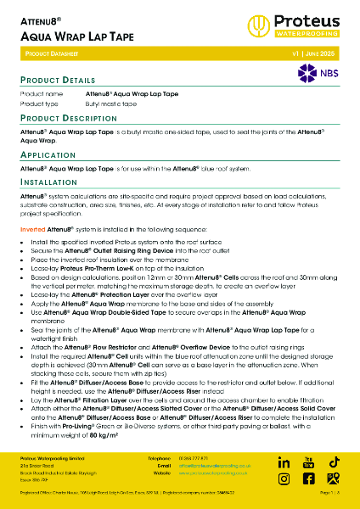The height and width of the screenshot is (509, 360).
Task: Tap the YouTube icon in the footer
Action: pyautogui.click(x=309, y=461)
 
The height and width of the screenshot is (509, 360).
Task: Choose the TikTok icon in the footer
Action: pyautogui.click(x=335, y=461)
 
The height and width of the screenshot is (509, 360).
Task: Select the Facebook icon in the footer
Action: pyautogui.click(x=309, y=478)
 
